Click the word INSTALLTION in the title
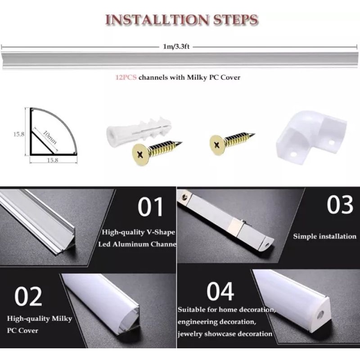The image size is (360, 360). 157,20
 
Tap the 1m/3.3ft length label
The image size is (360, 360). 176,47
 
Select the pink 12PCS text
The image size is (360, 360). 126,77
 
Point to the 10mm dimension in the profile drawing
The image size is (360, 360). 50,137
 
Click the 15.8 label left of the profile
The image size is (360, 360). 18,134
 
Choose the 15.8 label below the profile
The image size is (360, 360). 53,160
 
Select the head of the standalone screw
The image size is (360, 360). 217,145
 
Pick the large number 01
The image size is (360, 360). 151,207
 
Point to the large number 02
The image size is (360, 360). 28,297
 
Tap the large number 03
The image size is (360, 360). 340,205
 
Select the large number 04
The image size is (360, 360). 220,291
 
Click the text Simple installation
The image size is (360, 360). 324,236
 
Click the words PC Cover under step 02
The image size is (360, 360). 22,331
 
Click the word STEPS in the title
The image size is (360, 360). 235,20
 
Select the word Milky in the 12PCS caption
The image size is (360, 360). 197,77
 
